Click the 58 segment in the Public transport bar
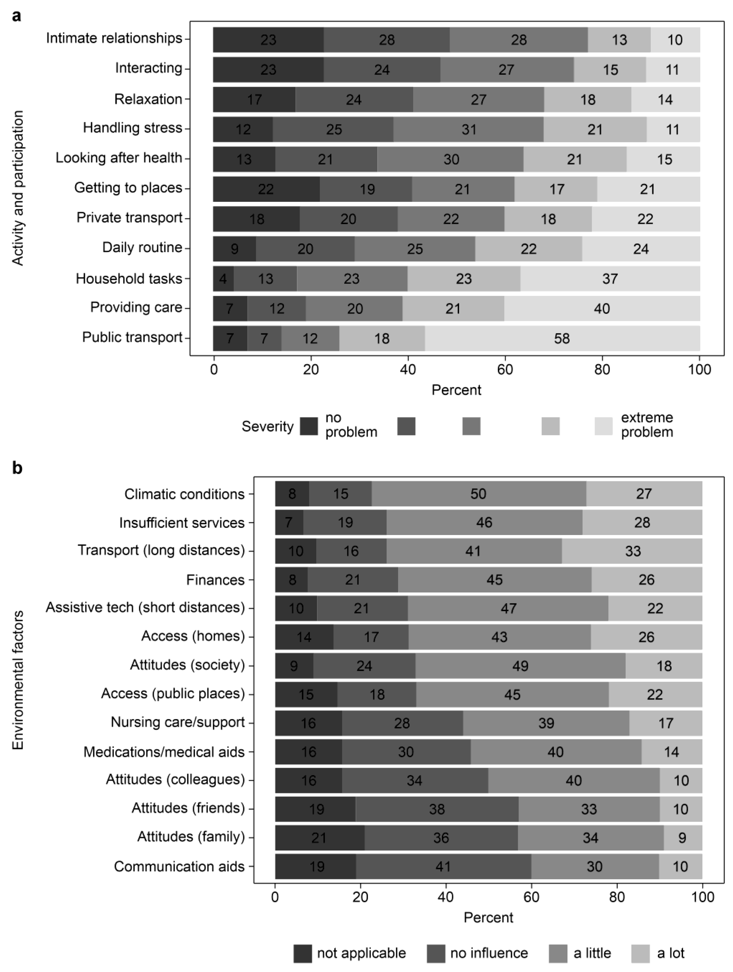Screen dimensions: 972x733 (x=562, y=338)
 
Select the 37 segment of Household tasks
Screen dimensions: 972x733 (x=610, y=279)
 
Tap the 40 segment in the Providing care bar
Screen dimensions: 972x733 (x=602, y=309)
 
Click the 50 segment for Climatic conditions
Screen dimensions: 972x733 (x=478, y=494)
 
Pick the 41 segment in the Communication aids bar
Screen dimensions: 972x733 (x=443, y=867)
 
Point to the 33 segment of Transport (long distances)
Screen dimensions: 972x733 (x=632, y=551)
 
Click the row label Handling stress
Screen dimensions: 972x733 (x=133, y=128)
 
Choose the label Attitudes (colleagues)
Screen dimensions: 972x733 (x=175, y=779)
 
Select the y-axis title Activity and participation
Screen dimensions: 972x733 (x=17, y=188)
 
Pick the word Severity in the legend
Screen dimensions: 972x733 (x=268, y=426)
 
